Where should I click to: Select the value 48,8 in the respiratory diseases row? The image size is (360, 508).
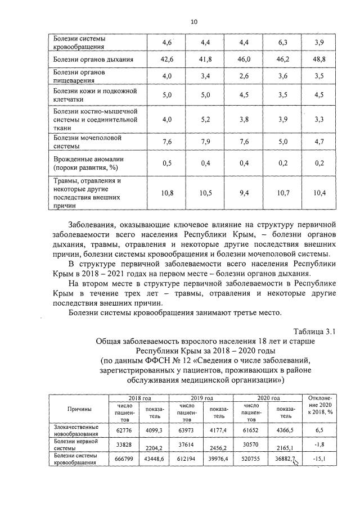tap(319, 59)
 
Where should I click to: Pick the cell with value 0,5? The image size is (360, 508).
tap(166, 163)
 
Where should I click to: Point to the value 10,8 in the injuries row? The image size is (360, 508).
tap(166, 193)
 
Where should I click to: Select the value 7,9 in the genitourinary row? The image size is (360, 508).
tap(205, 142)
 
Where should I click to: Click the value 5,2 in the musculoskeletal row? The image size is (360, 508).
tap(205, 119)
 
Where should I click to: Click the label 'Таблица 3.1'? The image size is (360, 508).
tap(314, 332)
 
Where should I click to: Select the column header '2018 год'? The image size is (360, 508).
tap(136, 398)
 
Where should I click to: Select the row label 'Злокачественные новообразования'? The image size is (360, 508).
tap(79, 430)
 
